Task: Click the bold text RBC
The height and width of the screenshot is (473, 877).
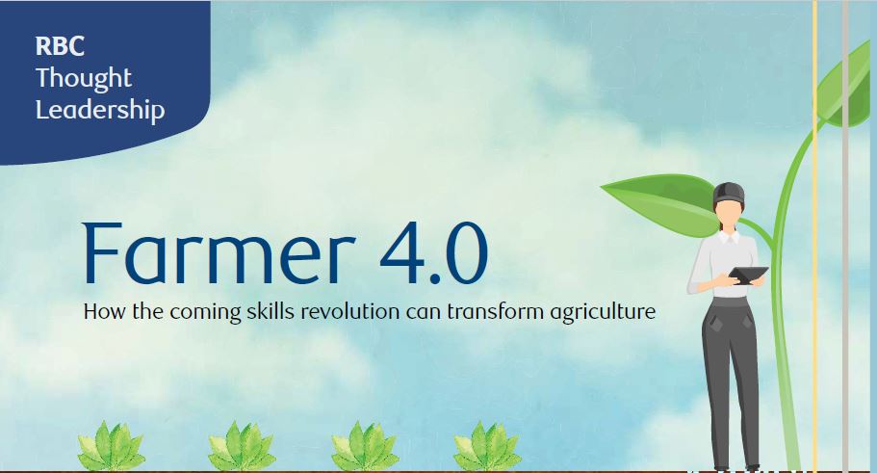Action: [60, 46]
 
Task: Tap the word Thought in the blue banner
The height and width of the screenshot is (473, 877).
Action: [84, 77]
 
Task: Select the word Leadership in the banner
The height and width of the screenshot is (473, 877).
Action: [100, 109]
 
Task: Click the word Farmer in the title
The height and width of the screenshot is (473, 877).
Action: [219, 253]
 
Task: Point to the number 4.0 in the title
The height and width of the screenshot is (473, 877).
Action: [433, 253]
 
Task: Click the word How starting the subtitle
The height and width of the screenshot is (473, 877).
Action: [105, 311]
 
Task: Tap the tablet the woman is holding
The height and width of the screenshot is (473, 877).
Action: [748, 276]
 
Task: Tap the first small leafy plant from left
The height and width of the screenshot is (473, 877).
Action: [111, 446]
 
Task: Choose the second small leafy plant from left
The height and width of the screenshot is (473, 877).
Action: [242, 446]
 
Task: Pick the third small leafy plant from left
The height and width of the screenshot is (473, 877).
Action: [365, 446]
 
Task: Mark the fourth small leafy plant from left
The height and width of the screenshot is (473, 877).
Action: [487, 446]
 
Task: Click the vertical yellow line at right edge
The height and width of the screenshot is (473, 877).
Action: [815, 236]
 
